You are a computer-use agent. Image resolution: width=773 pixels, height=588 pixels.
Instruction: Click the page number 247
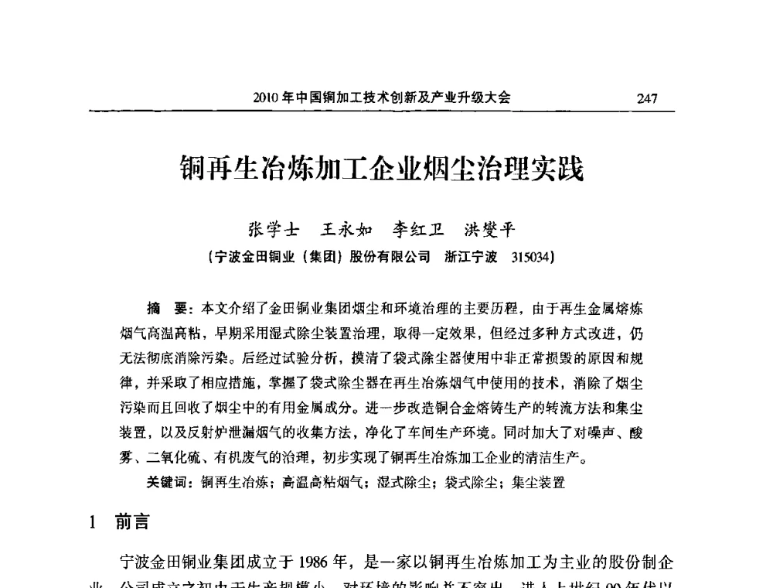click(646, 98)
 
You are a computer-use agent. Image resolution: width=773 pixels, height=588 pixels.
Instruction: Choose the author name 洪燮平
click(489, 229)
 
